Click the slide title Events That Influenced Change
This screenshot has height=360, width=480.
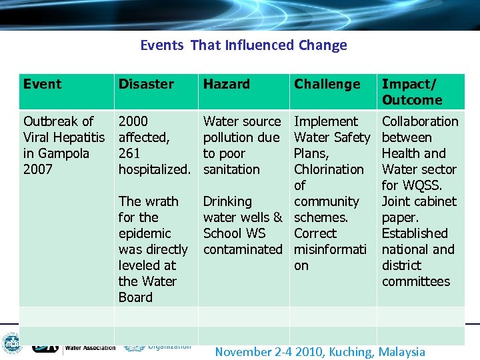click(243, 45)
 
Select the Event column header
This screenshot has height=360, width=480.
click(42, 84)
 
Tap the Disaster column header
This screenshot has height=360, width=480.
click(146, 84)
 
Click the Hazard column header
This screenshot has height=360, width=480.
click(226, 84)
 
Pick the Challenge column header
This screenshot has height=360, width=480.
click(327, 84)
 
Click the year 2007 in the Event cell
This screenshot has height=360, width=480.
click(37, 169)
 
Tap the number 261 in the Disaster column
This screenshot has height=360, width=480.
click(129, 153)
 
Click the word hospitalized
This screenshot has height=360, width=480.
click(157, 169)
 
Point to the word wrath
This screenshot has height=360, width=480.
click(161, 201)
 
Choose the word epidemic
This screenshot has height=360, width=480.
click(145, 233)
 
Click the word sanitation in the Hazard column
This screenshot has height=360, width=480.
click(231, 169)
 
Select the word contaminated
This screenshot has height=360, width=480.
click(243, 249)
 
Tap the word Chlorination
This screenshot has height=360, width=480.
click(329, 169)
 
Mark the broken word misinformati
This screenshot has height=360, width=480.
click(331, 249)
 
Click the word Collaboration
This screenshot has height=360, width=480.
click(420, 121)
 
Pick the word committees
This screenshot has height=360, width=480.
click(415, 281)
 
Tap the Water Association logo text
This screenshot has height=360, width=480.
click(90, 347)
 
